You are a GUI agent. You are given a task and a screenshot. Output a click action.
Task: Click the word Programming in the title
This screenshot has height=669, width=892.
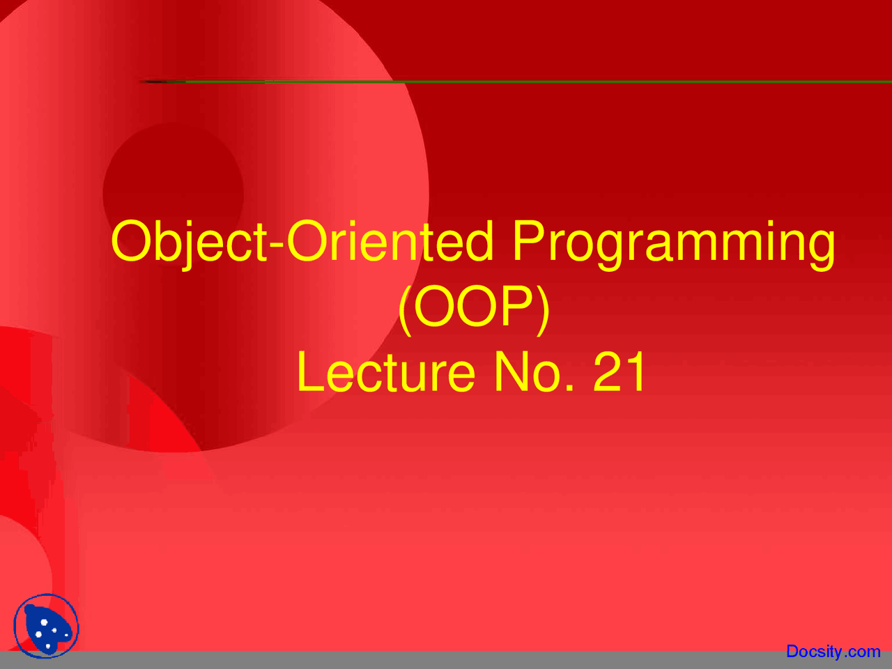(x=673, y=243)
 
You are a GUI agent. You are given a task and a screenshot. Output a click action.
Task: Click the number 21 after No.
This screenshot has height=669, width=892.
(x=620, y=372)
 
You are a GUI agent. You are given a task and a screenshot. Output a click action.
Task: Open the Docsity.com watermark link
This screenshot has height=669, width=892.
(x=833, y=652)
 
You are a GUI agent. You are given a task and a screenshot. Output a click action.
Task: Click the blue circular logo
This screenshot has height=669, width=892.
(x=46, y=626)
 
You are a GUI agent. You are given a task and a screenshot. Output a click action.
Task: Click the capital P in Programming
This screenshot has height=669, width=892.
(x=528, y=240)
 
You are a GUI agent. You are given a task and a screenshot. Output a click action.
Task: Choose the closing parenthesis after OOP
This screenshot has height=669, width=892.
(x=544, y=308)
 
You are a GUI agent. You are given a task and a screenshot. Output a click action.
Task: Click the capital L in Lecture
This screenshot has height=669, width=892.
(x=309, y=372)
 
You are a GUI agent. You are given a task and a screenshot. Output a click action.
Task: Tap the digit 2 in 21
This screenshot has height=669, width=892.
(x=608, y=372)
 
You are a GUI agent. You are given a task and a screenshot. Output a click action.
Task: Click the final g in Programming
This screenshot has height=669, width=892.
(x=822, y=247)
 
